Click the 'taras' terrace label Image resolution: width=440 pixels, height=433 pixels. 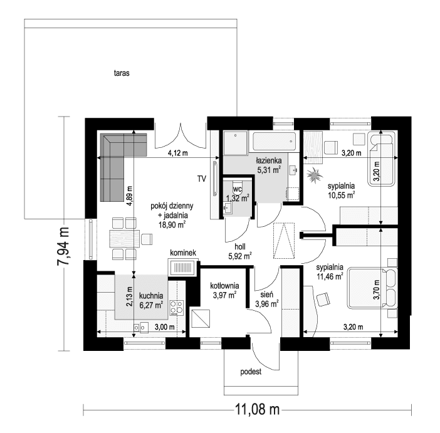click(x=122, y=73)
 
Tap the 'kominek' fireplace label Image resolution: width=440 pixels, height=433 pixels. click(x=182, y=253)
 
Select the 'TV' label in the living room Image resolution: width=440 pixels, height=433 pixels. click(x=201, y=179)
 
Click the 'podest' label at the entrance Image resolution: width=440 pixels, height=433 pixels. click(x=251, y=371)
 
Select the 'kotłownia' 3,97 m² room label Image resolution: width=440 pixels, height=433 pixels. click(x=223, y=290)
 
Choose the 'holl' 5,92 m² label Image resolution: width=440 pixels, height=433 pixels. click(x=239, y=251)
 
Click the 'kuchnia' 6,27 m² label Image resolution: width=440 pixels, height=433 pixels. click(x=151, y=300)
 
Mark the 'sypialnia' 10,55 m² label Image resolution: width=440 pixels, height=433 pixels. click(x=341, y=190)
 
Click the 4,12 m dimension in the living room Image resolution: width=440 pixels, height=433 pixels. click(x=177, y=153)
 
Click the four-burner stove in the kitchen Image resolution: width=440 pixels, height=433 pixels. click(x=177, y=308)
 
